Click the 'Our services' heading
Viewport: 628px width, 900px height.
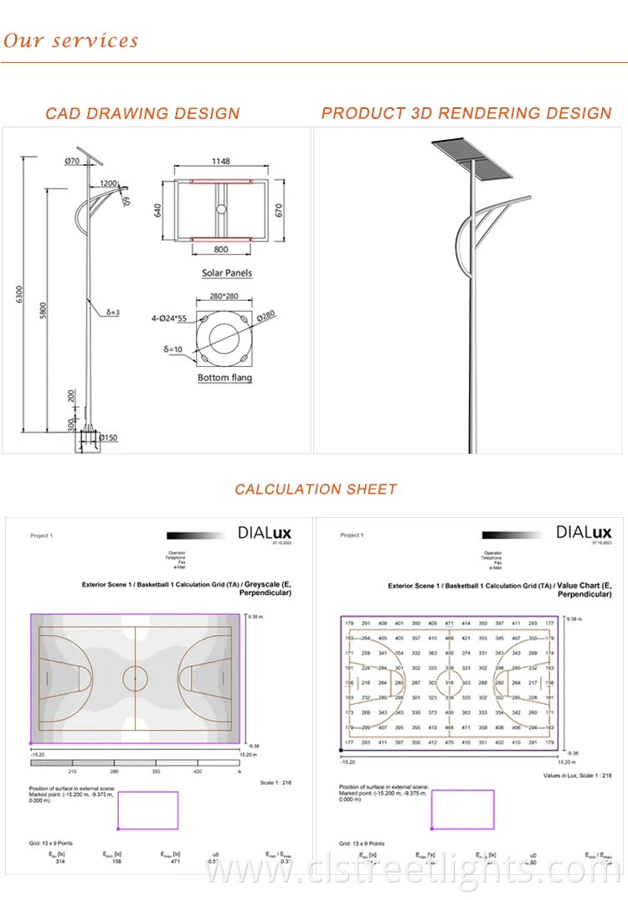click(x=70, y=40)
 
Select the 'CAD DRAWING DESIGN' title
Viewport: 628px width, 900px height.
click(x=142, y=113)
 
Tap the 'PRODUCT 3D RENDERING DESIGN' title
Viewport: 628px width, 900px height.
click(x=466, y=113)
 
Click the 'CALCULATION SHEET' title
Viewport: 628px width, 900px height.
click(x=316, y=489)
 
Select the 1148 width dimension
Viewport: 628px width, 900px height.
click(x=221, y=162)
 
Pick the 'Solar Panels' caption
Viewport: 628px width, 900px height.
click(x=226, y=273)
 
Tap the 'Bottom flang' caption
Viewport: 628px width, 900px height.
click(x=224, y=378)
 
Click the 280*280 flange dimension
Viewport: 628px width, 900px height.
click(x=224, y=297)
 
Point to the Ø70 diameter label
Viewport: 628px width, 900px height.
click(x=72, y=160)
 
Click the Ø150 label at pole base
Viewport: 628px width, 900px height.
click(x=108, y=437)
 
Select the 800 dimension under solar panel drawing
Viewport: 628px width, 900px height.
click(x=221, y=250)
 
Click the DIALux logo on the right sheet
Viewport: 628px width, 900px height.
click(x=584, y=532)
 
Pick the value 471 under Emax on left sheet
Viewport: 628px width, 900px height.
click(x=165, y=861)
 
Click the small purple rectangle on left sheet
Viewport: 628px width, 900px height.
click(x=147, y=810)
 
